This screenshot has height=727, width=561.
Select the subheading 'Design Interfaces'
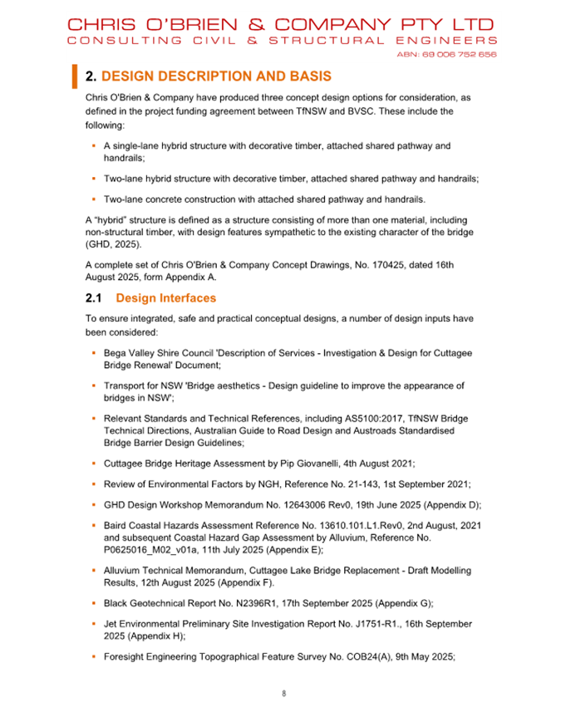point(166,297)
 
